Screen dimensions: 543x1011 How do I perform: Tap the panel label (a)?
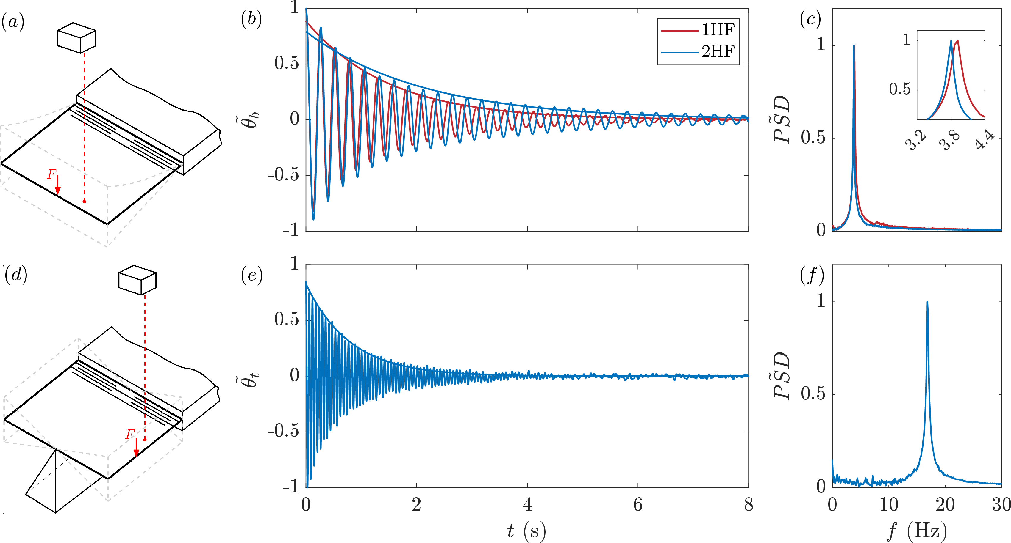pos(13,22)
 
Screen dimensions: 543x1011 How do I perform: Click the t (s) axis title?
pos(526,531)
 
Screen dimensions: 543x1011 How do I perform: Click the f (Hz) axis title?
pos(916,531)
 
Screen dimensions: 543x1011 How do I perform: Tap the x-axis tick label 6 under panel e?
pos(638,505)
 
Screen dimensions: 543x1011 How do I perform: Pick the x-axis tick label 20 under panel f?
pos(945,505)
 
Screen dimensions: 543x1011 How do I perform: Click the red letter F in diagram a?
pos(51,174)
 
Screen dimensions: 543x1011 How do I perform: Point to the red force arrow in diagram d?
pos(136,448)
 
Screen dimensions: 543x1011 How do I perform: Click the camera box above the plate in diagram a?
pos(76,38)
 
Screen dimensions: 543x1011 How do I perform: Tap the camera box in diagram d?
pos(137,280)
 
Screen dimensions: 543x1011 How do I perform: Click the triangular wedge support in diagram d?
pos(55,482)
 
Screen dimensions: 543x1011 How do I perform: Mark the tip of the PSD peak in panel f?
pos(927,302)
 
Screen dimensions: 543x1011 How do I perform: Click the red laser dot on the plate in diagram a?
pos(85,202)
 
